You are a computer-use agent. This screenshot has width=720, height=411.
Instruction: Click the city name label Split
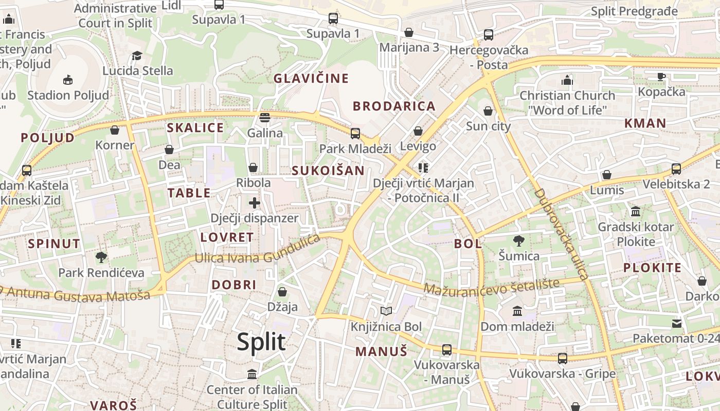coord(261,342)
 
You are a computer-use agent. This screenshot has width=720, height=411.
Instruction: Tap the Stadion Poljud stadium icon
coord(67,80)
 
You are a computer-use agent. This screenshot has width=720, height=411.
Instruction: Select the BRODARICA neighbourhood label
coord(394,106)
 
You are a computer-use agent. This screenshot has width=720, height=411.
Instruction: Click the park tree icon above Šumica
coord(519,240)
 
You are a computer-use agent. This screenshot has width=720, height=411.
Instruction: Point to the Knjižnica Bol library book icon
coord(386,311)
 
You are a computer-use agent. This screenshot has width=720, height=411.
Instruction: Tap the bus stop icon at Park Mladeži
coord(355,134)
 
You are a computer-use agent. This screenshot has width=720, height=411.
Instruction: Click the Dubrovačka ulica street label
coord(561,234)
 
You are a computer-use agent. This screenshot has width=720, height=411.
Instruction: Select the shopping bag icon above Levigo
coord(418,131)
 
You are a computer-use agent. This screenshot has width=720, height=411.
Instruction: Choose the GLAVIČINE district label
coord(311,79)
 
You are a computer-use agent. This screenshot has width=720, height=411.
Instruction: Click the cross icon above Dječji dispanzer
coord(254,202)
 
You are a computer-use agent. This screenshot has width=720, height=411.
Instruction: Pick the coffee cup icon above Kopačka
coord(661,77)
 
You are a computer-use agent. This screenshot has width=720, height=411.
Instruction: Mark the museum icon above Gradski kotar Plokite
coord(635,212)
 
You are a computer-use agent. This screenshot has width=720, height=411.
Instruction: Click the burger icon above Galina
coord(265,118)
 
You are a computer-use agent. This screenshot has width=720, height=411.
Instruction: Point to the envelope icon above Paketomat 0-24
coord(676,323)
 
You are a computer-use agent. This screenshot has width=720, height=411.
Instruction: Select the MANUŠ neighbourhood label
coord(381,351)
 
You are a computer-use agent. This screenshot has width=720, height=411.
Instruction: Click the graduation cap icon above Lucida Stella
coord(137,55)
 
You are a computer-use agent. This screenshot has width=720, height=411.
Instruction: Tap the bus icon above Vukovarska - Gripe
coord(562,358)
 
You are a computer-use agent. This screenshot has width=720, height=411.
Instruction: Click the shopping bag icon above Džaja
coord(282,292)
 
